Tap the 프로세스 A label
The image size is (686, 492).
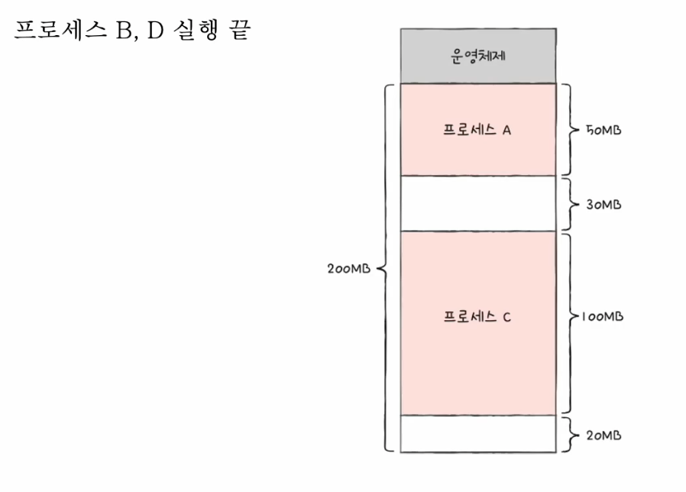(477, 129)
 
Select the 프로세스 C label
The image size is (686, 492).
(477, 316)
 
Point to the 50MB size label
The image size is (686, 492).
(603, 130)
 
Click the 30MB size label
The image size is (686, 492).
(603, 205)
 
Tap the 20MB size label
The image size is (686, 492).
(603, 435)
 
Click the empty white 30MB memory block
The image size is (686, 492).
(477, 203)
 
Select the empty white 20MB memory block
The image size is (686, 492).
(477, 434)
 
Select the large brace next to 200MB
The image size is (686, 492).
(385, 269)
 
